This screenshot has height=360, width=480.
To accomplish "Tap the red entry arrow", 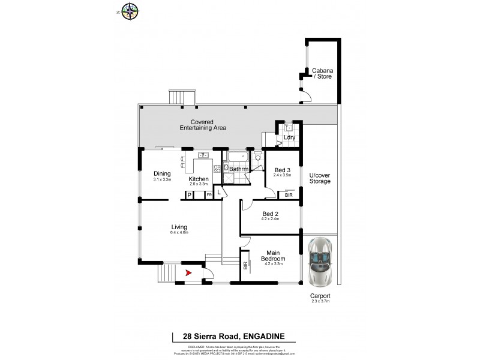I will point(189,273).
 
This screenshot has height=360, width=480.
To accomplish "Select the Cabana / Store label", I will point(322,74).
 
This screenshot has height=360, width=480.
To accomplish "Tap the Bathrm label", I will point(240,169).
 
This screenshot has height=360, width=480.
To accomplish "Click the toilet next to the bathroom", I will point(258,157).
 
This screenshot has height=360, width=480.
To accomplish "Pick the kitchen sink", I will point(203,157).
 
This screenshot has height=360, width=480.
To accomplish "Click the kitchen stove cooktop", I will point(217,169).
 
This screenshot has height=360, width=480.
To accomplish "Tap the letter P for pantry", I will point(190,196).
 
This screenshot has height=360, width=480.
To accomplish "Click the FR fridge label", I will point(209,196).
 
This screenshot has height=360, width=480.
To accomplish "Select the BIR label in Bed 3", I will point(289,196).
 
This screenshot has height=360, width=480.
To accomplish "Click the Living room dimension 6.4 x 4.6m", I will point(179,233).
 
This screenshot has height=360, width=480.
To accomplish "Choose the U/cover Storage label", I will point(320,178).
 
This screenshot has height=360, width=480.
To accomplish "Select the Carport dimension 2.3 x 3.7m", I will point(320,301).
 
